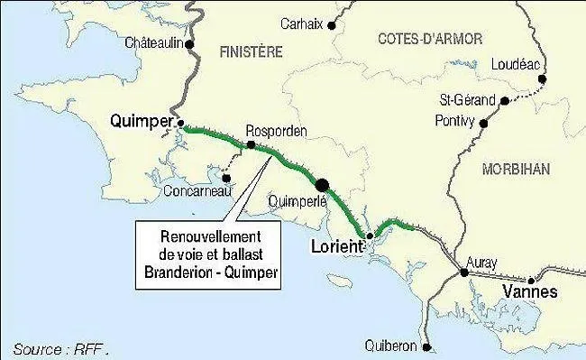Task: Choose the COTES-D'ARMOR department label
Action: (429, 38)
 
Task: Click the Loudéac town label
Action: (517, 64)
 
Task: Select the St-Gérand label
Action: (466, 99)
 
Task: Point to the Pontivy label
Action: (455, 119)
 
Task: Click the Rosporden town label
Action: (277, 131)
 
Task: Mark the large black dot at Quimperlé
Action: (322, 184)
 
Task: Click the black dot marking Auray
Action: (464, 272)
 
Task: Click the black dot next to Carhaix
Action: (332, 27)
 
